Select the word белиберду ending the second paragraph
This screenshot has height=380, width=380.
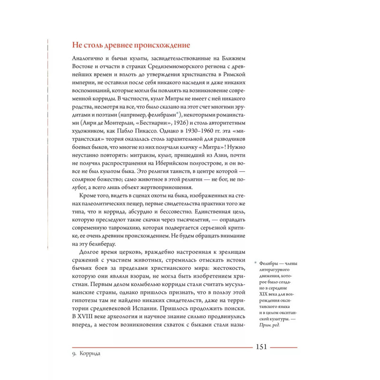95,242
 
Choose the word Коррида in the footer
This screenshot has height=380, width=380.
93,354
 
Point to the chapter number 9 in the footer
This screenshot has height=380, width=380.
74,354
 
